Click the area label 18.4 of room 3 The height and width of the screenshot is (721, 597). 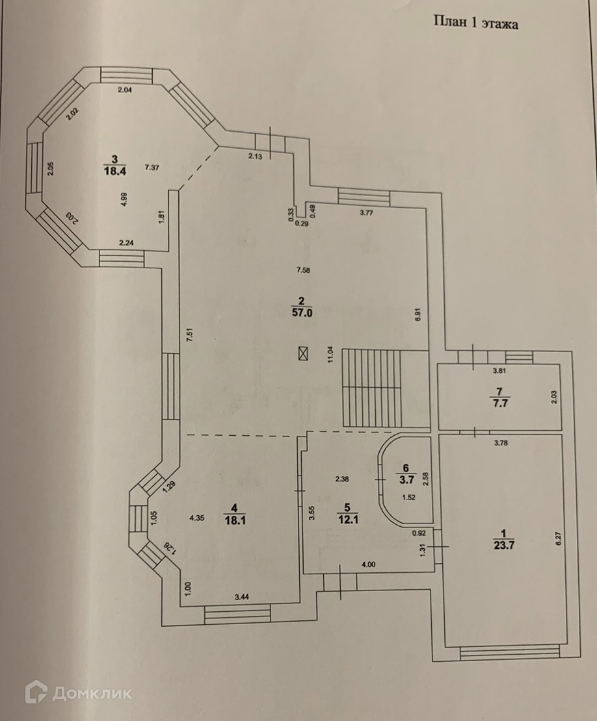[x=114, y=170]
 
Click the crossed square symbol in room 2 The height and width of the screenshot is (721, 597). [x=303, y=353]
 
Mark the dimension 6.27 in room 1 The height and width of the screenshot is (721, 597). [x=557, y=538]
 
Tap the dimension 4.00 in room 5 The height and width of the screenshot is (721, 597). [x=368, y=564]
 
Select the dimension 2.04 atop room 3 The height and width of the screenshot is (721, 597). [x=125, y=90]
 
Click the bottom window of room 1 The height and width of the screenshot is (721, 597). [x=509, y=651]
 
